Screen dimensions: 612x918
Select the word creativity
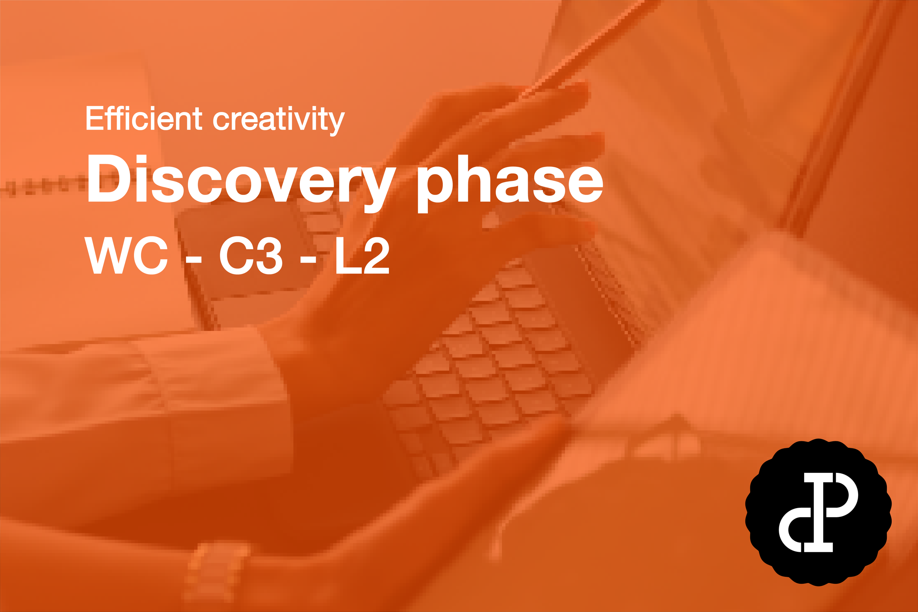279,119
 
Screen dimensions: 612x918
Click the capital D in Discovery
108,178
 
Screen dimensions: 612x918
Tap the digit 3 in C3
267,256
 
